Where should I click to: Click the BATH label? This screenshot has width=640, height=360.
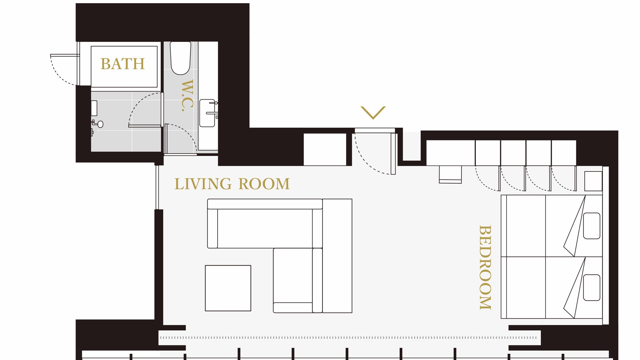click(123, 64)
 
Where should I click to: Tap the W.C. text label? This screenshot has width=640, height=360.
click(188, 95)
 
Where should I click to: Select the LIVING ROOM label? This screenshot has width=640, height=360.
click(232, 184)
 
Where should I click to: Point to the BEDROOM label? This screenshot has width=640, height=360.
click(485, 268)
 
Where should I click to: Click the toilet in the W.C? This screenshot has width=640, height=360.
click(180, 58)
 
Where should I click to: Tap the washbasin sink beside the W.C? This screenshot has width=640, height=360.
click(207, 113)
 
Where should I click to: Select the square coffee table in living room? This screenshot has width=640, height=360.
click(228, 288)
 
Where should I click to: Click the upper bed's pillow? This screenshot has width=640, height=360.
click(592, 226)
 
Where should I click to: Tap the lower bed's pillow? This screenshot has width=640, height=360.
click(592, 287)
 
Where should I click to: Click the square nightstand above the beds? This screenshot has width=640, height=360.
click(593, 181)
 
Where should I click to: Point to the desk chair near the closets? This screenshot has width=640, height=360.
click(450, 174)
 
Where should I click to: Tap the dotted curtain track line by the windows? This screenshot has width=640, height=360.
click(348, 338)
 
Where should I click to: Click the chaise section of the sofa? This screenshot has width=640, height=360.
click(298, 280)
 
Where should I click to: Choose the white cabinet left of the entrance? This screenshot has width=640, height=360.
click(325, 149)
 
